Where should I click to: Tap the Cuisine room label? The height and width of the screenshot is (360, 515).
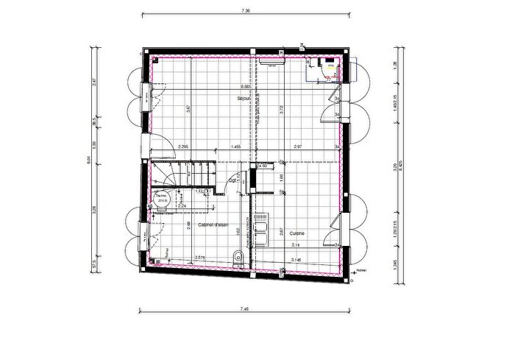coord(297,233)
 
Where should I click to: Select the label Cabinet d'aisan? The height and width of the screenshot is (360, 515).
coord(213,224)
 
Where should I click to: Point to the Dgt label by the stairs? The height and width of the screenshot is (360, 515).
coord(232,180)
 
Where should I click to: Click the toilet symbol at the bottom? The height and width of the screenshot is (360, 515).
coord(238,257)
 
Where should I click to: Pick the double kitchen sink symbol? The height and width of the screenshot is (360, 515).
coord(263,227)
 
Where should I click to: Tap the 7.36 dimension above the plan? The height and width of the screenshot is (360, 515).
coord(246,11)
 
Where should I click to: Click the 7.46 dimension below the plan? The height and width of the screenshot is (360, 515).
coord(246,310)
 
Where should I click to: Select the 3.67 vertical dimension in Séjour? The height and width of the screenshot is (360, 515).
coord(189,109)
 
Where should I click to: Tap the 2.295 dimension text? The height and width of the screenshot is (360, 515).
coord(184,147)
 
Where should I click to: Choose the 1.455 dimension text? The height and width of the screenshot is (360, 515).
coord(235,147)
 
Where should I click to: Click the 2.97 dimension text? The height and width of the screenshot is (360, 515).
coord(298,147)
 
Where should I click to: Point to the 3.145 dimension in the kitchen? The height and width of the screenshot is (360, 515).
coord(296,260)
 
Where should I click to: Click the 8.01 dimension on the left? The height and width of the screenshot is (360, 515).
coord(89,163)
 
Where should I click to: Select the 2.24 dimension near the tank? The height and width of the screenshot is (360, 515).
coord(182,205)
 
